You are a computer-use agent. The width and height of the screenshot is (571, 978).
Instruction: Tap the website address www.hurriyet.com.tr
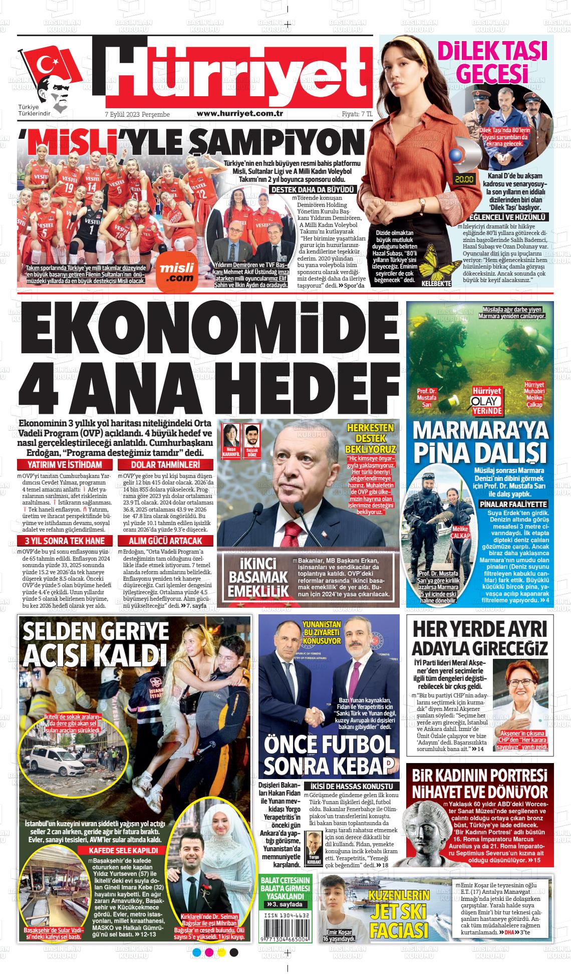tap(240, 114)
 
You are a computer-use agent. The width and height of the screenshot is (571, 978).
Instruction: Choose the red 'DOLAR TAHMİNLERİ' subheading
tap(165, 464)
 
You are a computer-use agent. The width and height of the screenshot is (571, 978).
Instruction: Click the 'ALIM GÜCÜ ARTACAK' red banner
tap(165, 541)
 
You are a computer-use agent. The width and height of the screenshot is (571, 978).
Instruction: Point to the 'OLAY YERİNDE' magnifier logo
tap(486, 401)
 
